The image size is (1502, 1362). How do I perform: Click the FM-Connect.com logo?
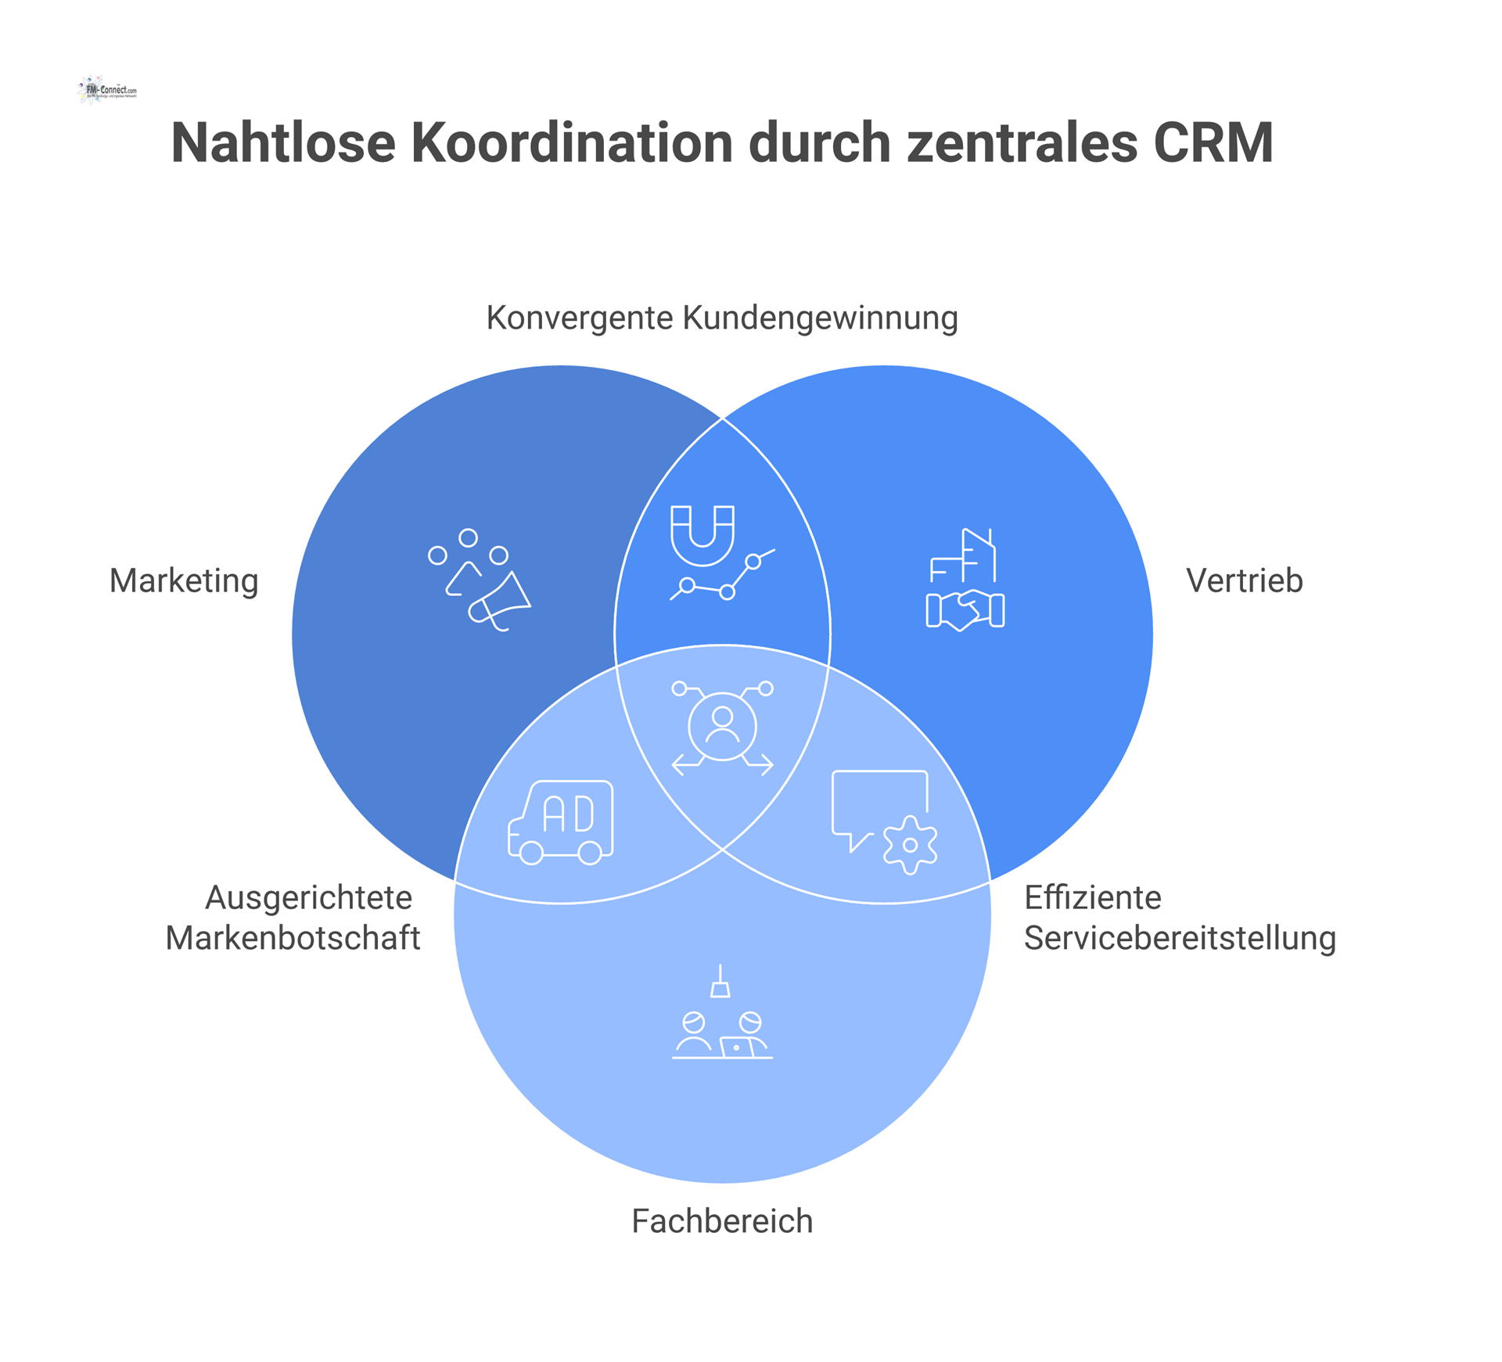click(x=108, y=90)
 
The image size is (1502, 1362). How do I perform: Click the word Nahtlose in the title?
click(x=283, y=143)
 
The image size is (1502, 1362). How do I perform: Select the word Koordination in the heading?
click(x=572, y=143)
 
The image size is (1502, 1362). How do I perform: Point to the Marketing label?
click(x=184, y=581)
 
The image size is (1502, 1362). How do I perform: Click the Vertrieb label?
click(x=1244, y=581)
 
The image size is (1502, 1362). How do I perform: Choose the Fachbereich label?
click(x=721, y=1221)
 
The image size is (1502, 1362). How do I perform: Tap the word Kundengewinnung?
click(x=820, y=318)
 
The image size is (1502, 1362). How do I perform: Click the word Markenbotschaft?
click(x=293, y=938)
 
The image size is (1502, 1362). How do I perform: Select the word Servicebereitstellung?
click(x=1180, y=938)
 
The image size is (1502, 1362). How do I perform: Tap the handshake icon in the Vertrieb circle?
click(x=965, y=610)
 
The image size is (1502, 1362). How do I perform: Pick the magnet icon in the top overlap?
click(x=702, y=535)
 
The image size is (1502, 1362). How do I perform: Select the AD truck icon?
click(x=561, y=821)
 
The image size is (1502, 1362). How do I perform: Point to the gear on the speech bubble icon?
click(x=910, y=845)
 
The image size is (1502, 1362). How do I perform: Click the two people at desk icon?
click(x=721, y=1033)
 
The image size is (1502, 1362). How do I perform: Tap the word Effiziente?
click(x=1092, y=897)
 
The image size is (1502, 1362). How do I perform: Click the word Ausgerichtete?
click(x=308, y=897)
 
